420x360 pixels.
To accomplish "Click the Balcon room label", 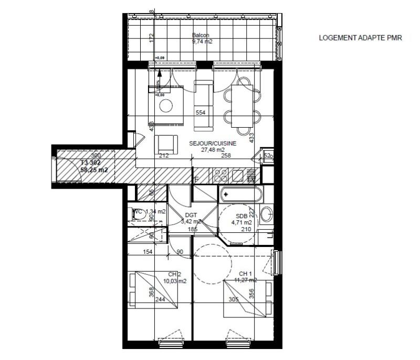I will coord(201,35).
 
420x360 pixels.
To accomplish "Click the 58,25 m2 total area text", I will coord(94,170).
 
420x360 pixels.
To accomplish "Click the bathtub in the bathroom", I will coord(241,194).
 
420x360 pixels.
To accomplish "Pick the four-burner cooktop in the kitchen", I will coord(219,176).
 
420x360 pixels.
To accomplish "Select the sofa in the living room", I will coord(204,105).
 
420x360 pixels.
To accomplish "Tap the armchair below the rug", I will coord(165,145).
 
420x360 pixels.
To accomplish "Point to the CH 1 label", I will coord(246,273).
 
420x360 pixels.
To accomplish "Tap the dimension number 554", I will coord(199,112).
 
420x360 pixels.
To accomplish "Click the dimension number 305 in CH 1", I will coord(233,300).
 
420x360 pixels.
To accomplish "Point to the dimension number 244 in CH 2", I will coord(160,300).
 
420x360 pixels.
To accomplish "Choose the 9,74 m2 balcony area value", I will coord(201,41).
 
